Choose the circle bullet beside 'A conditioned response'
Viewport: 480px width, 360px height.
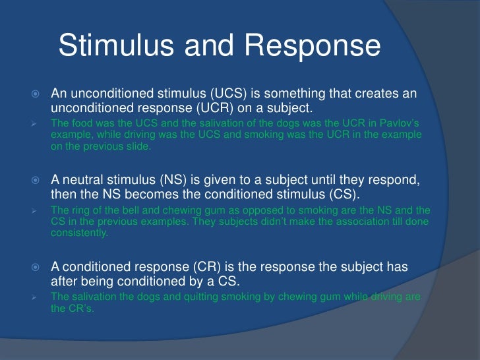click(x=37, y=266)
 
